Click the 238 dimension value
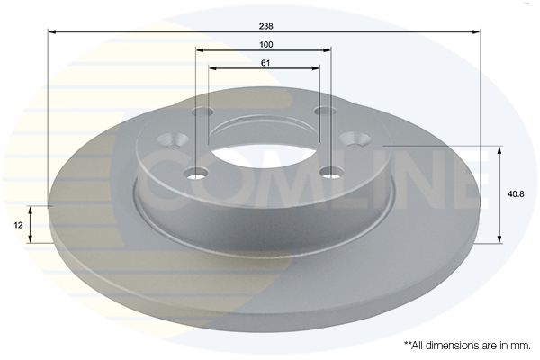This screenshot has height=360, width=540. (265, 26)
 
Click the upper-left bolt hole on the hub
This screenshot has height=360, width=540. (202, 112)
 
